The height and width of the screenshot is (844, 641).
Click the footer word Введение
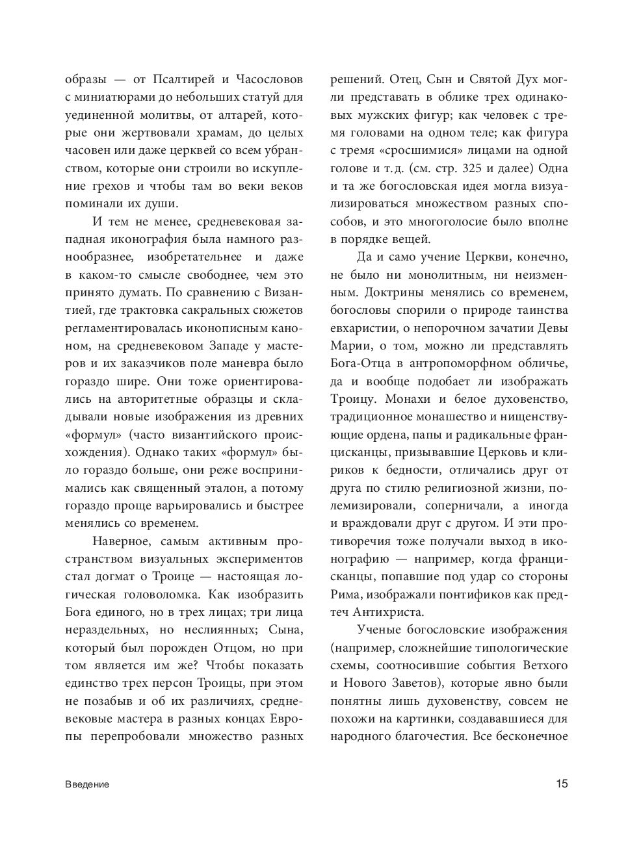(x=87, y=784)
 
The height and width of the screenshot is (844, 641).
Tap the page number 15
(x=562, y=784)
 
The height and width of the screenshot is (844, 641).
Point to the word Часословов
(x=267, y=81)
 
